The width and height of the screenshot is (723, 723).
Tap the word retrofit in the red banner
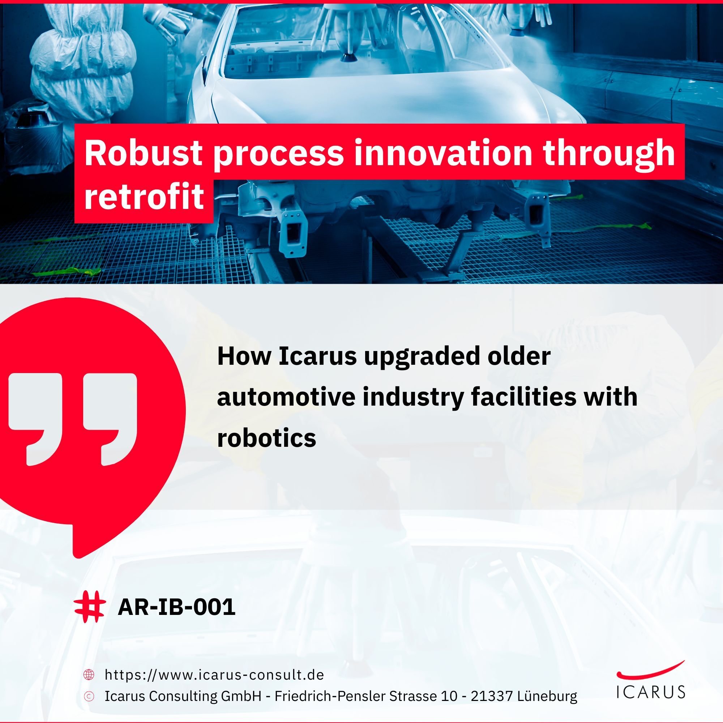pyautogui.click(x=144, y=196)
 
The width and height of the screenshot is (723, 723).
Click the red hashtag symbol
pyautogui.click(x=89, y=607)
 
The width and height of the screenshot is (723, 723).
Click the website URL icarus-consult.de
pyautogui.click(x=214, y=675)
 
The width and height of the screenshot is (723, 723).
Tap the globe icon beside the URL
pyautogui.click(x=89, y=675)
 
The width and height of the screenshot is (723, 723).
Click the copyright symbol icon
pyautogui.click(x=89, y=696)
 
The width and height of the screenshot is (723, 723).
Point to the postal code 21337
pyautogui.click(x=491, y=696)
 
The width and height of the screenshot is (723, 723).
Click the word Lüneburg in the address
pyautogui.click(x=547, y=696)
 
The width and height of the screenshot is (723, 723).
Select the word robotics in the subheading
pyautogui.click(x=266, y=437)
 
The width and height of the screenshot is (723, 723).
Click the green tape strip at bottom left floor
pyautogui.click(x=67, y=273)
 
